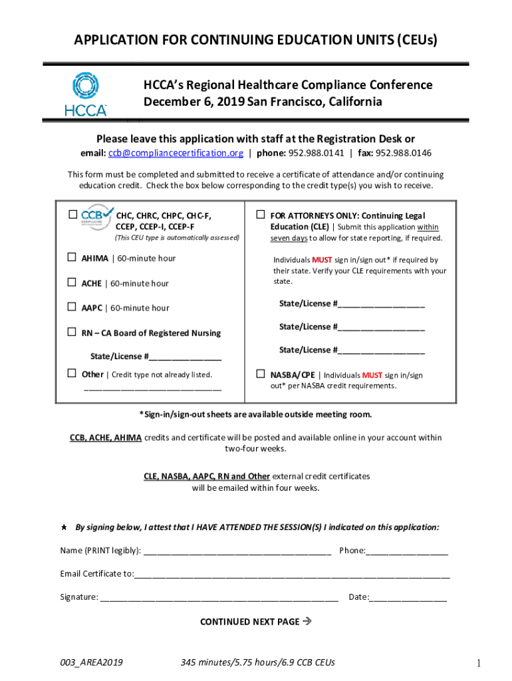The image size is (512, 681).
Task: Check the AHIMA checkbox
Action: click(72, 258)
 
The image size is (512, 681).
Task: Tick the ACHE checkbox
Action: click(72, 283)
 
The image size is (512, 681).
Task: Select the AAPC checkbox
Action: click(72, 307)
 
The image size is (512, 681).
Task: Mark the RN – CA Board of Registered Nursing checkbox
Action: click(72, 332)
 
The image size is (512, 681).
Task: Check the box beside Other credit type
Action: click(72, 374)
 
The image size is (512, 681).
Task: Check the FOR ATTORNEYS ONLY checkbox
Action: click(261, 215)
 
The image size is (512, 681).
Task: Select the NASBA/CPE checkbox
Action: click(261, 374)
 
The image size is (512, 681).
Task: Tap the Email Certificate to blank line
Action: click(292, 575)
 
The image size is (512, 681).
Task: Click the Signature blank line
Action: click(219, 598)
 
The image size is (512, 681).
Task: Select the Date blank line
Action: click(408, 598)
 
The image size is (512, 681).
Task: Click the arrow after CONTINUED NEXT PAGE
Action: click(307, 622)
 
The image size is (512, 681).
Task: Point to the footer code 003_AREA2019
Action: click(91, 662)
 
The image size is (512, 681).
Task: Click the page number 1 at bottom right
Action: click(478, 663)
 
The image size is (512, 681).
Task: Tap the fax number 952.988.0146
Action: click(406, 153)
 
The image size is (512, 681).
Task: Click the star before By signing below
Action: click(63, 527)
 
